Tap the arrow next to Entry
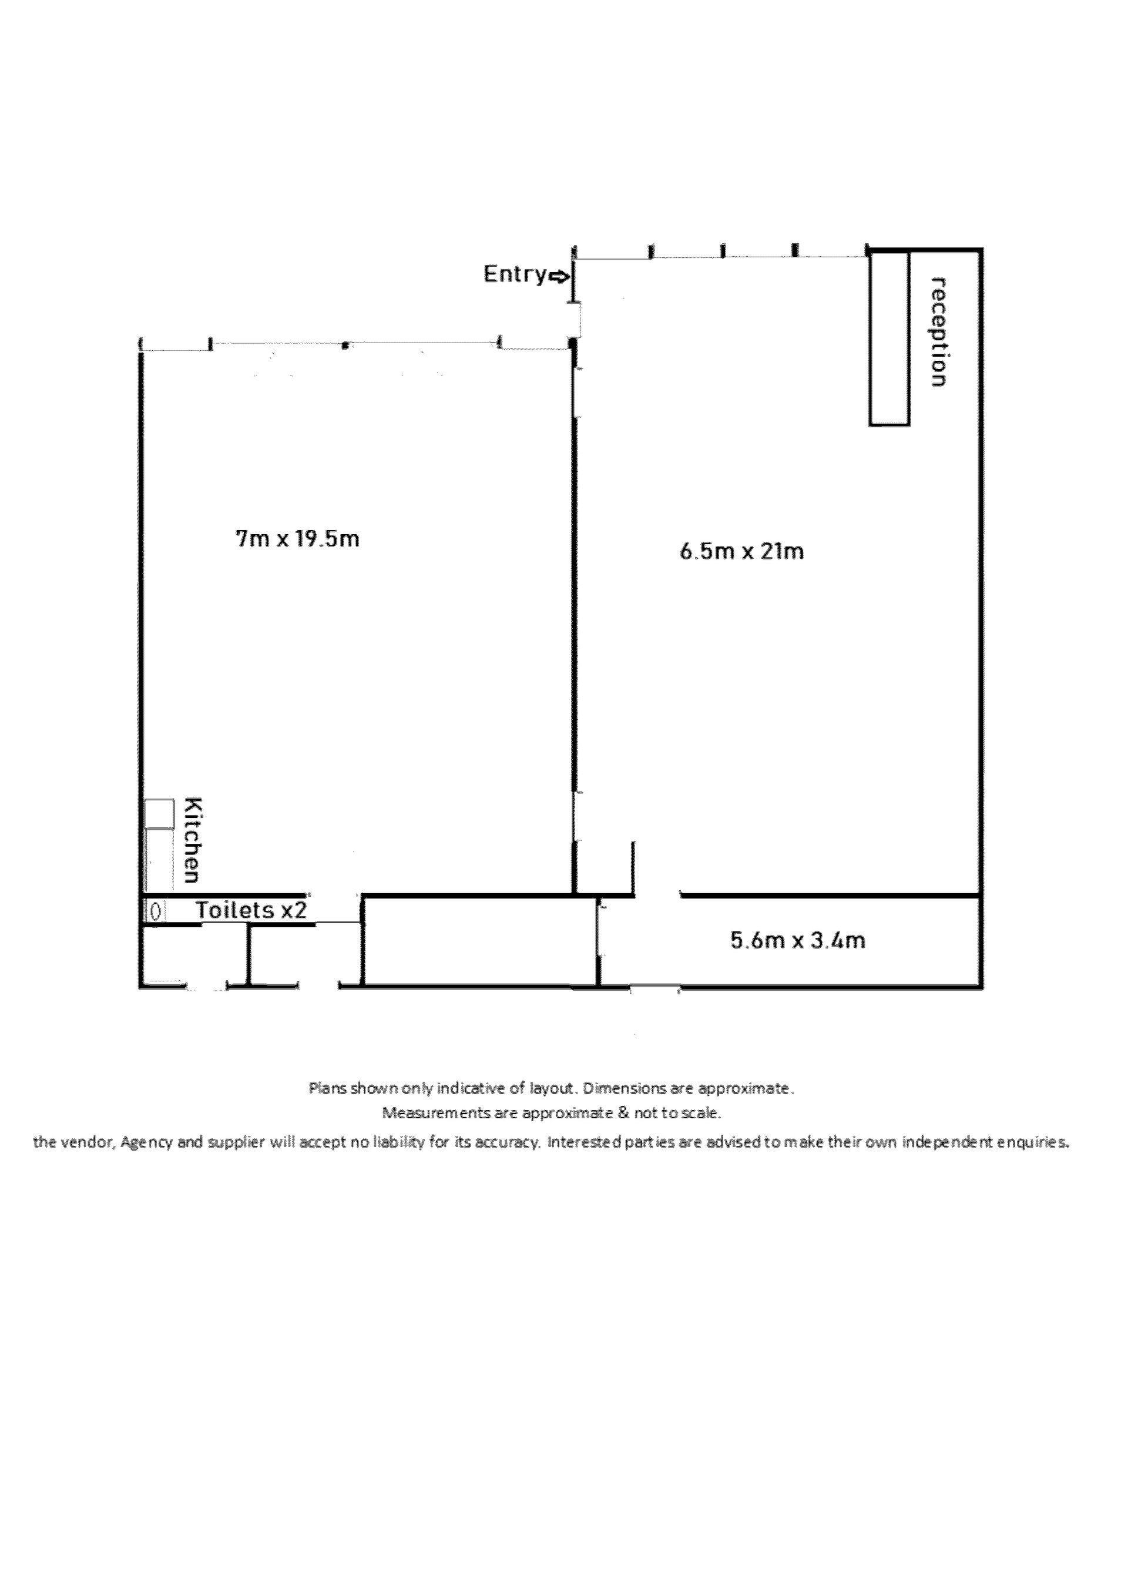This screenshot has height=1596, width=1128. click(559, 277)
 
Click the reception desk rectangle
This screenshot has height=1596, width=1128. click(889, 338)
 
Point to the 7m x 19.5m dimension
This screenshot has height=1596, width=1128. click(298, 539)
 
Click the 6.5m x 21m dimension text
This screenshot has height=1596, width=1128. click(741, 552)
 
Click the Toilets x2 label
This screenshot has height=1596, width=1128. click(251, 910)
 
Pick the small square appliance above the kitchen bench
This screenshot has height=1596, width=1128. click(159, 814)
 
